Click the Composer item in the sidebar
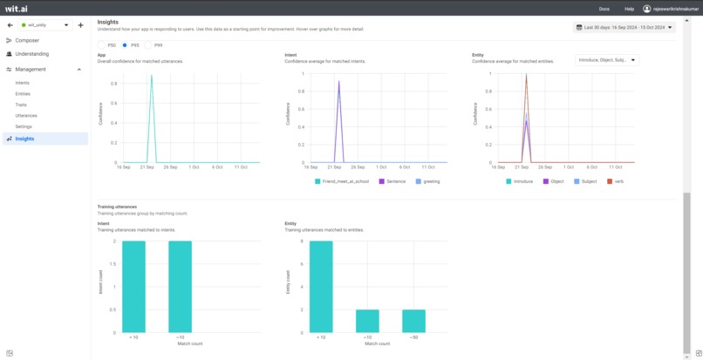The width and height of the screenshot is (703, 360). tap(27, 40)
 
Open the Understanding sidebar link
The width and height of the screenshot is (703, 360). tap(31, 54)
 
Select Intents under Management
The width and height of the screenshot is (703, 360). tap(23, 83)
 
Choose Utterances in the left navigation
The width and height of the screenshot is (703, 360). tap(26, 115)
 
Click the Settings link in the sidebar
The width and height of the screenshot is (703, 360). tap(24, 126)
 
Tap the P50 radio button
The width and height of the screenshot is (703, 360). tap(102, 45)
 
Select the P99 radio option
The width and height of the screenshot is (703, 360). tap(148, 45)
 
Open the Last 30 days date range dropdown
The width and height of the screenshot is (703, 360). tap(625, 27)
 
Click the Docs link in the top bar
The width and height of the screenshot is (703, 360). tap(604, 9)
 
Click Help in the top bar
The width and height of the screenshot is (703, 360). tap(629, 9)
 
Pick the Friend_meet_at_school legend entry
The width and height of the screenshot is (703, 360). tap(342, 181)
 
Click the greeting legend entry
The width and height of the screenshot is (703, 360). tap(427, 181)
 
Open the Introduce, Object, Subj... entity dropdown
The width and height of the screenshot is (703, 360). tap(607, 60)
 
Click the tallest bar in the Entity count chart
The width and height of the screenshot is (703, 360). tap(321, 287)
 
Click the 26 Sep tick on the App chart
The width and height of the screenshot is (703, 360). tap(170, 166)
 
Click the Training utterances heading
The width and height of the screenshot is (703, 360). tap(117, 207)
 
